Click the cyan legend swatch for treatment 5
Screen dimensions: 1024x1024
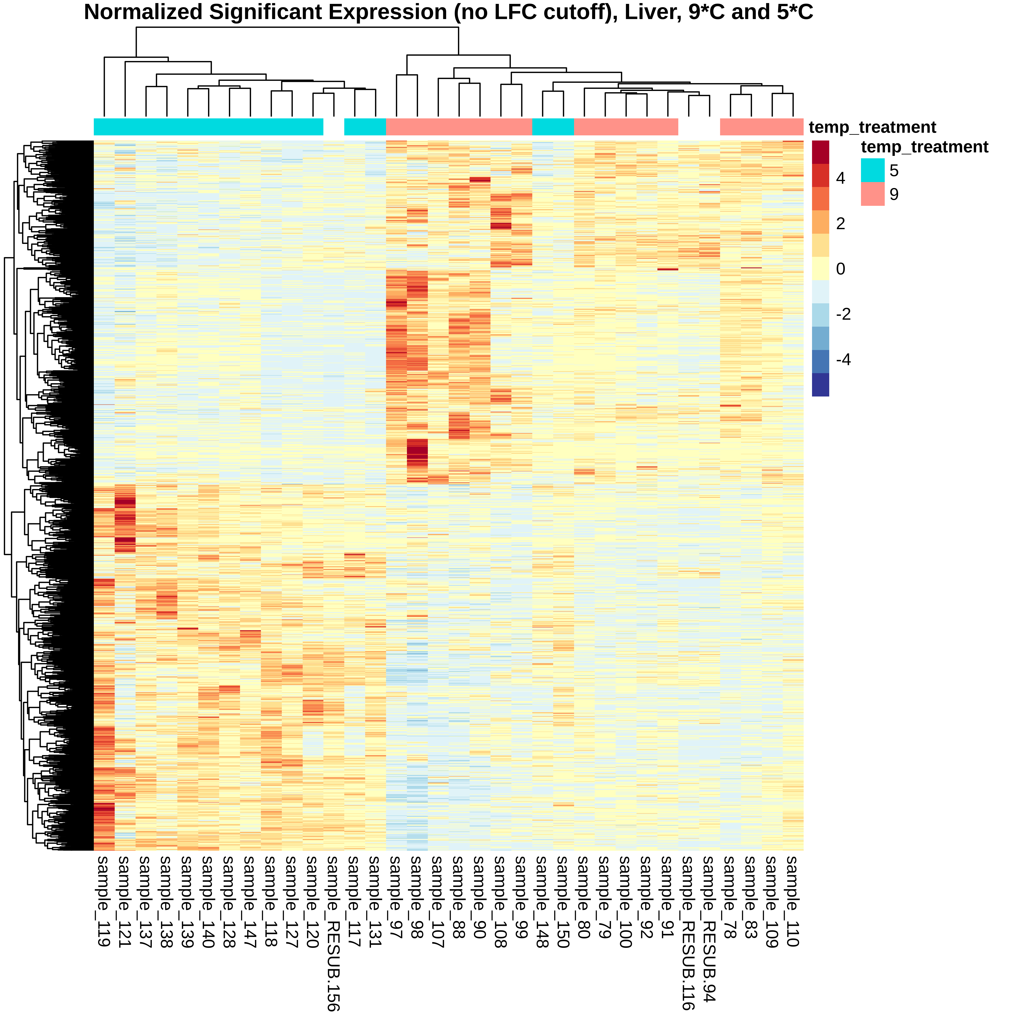pos(872,170)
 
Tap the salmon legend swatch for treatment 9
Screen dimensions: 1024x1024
pos(872,194)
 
